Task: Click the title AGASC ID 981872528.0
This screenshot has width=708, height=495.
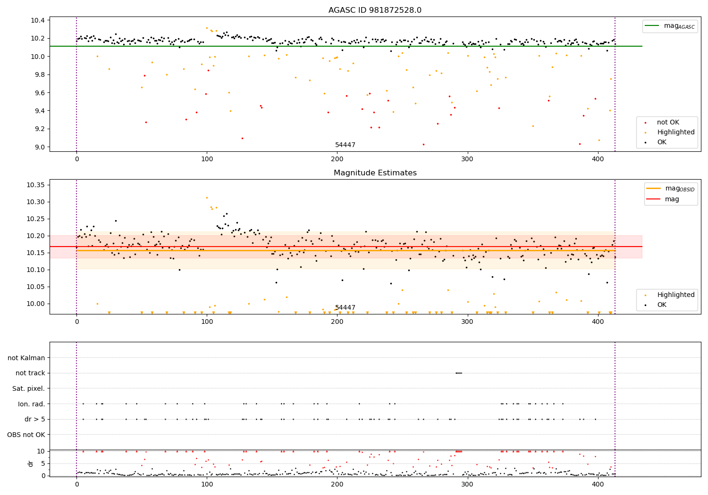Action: coord(375,10)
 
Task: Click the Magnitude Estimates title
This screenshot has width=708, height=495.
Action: coord(375,173)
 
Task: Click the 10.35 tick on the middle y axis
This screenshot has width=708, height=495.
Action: coord(36,185)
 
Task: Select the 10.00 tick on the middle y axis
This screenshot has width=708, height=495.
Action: coord(36,304)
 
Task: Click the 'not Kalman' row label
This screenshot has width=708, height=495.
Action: coord(26,358)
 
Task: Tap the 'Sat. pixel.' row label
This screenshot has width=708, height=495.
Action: coord(29,388)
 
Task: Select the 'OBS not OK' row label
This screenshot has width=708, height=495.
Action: coord(26,435)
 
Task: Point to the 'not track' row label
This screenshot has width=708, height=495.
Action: coord(30,373)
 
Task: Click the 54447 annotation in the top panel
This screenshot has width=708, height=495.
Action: coord(345,145)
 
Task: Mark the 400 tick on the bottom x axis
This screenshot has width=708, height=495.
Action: coord(598,484)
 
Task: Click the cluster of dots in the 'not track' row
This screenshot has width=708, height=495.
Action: coord(458,373)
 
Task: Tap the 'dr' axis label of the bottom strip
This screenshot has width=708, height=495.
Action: coord(31,463)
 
